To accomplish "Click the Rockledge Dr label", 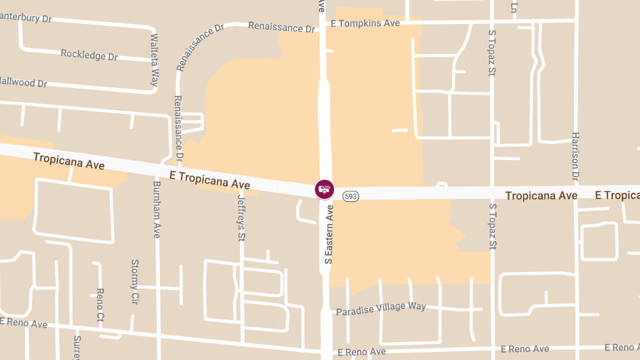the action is tap(89, 54).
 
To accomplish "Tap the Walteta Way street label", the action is tap(155, 60).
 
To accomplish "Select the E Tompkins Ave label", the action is tap(365, 23).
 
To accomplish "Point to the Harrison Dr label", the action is tap(575, 156).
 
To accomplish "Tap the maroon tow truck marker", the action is tap(324, 189).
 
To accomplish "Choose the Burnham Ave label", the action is tap(157, 209).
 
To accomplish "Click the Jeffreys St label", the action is tap(241, 218).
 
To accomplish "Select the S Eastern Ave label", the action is tap(329, 235).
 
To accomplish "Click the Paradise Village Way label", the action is tap(381, 308).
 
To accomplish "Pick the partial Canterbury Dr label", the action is tap(26, 18).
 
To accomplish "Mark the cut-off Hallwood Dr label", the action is tap(23, 83).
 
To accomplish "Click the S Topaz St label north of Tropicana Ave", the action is tap(492, 52).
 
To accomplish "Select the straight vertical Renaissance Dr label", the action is tap(178, 129).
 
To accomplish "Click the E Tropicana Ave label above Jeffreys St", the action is tap(210, 180).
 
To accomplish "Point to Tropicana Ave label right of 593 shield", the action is tap(541, 196).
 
